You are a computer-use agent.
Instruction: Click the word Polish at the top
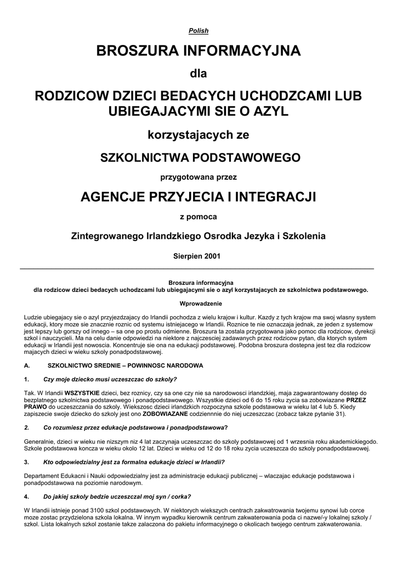198,31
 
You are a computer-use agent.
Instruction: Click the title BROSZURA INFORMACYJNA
198,51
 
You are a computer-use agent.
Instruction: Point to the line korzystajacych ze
198,134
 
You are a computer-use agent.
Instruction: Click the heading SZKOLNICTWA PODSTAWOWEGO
198,158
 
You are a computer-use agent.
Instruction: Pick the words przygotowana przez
198,177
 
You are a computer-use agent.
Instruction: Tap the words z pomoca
198,216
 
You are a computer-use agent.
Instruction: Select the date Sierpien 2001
198,256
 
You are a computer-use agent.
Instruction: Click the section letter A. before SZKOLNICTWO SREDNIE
27,365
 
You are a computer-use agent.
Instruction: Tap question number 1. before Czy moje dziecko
26,379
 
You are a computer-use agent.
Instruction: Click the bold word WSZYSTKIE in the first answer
81,393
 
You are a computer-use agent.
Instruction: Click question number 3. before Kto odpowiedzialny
26,462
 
